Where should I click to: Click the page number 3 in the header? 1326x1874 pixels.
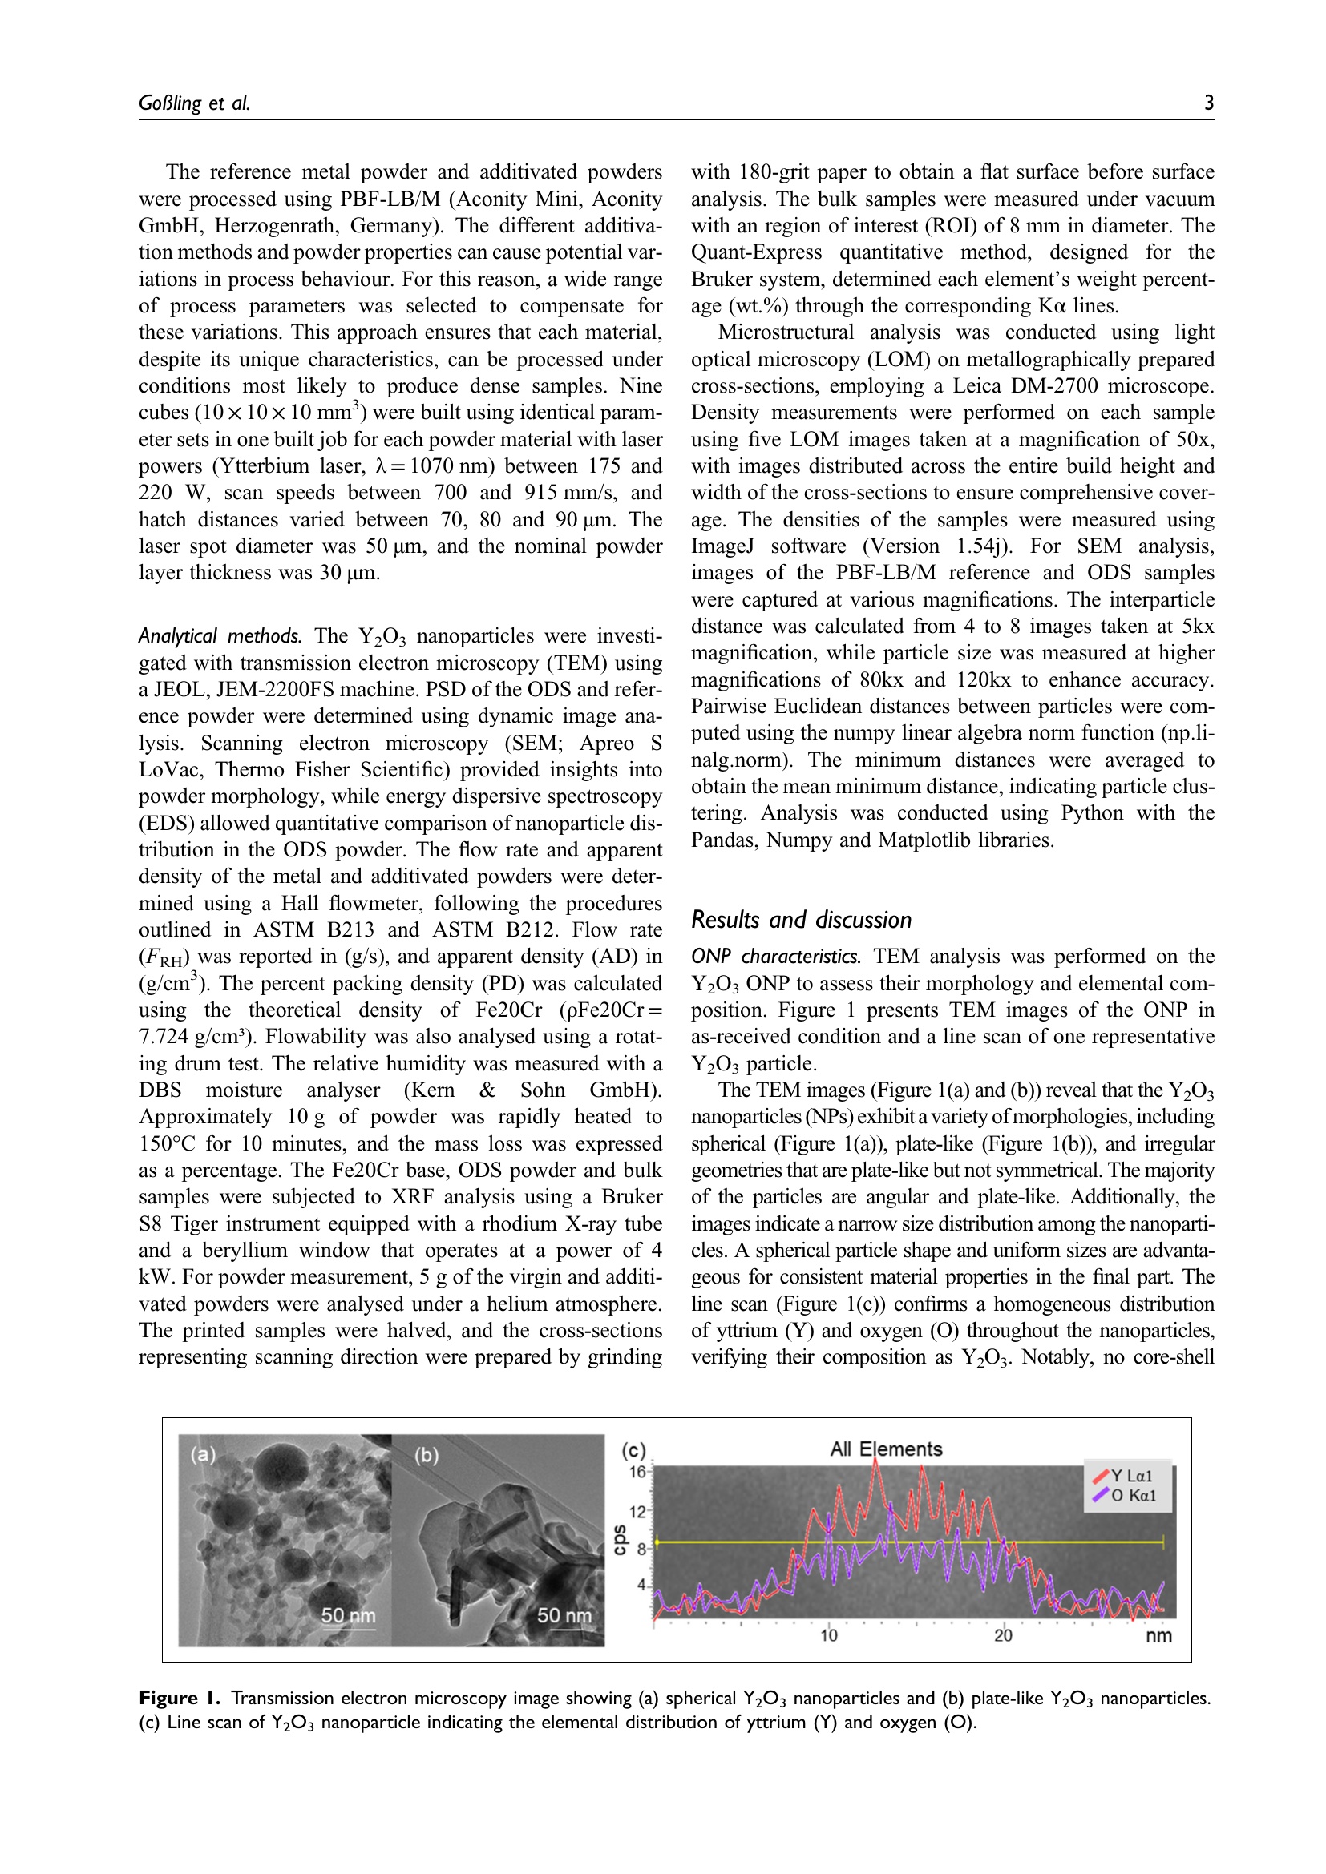pyautogui.click(x=1208, y=103)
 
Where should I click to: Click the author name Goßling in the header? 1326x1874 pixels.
pyautogui.click(x=169, y=103)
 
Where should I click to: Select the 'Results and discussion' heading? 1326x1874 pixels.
pyautogui.click(x=801, y=920)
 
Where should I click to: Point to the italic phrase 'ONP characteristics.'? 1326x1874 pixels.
pyautogui.click(x=776, y=957)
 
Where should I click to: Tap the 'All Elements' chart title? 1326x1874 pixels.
pyautogui.click(x=886, y=1449)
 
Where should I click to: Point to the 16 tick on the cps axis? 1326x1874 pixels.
pyautogui.click(x=637, y=1472)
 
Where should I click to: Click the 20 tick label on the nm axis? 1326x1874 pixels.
pyautogui.click(x=1003, y=1635)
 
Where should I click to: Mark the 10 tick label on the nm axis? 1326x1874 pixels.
pyautogui.click(x=829, y=1635)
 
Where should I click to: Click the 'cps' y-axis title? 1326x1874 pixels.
pyautogui.click(x=620, y=1539)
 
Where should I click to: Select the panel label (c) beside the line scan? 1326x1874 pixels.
pyautogui.click(x=633, y=1450)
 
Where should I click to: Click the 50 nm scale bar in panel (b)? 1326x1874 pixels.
pyautogui.click(x=564, y=1615)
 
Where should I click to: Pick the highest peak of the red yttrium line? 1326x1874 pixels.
pyautogui.click(x=876, y=1461)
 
